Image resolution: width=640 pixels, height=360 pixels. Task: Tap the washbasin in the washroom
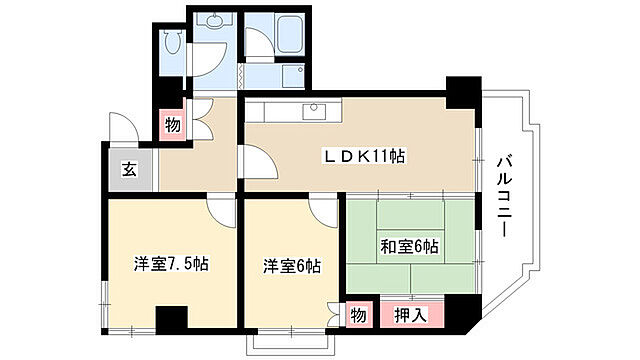213,24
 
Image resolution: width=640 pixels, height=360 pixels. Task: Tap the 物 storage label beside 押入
357,315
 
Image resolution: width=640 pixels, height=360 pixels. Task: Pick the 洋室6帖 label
292,265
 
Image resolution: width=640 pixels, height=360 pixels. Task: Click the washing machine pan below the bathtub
294,76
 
